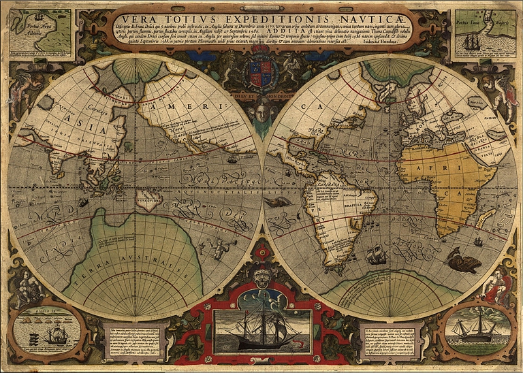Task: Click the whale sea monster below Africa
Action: click(463, 261)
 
